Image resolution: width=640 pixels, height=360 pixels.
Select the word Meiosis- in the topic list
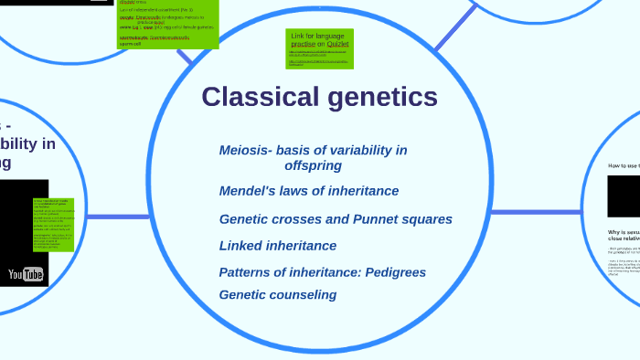point(246,150)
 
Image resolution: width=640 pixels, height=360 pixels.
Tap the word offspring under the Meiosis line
point(313,165)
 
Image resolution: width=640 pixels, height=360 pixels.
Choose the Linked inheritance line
point(278,246)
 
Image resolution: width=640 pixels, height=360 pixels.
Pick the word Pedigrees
point(395,272)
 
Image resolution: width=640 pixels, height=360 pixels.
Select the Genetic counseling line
point(278,294)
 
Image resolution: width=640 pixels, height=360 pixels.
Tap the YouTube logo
point(26,274)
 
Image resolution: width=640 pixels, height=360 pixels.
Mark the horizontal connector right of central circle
point(535,213)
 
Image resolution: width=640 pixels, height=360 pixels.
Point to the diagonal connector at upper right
point(455,27)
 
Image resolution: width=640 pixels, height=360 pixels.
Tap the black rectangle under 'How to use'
point(624,196)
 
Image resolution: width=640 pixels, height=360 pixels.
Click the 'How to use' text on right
point(624,165)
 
